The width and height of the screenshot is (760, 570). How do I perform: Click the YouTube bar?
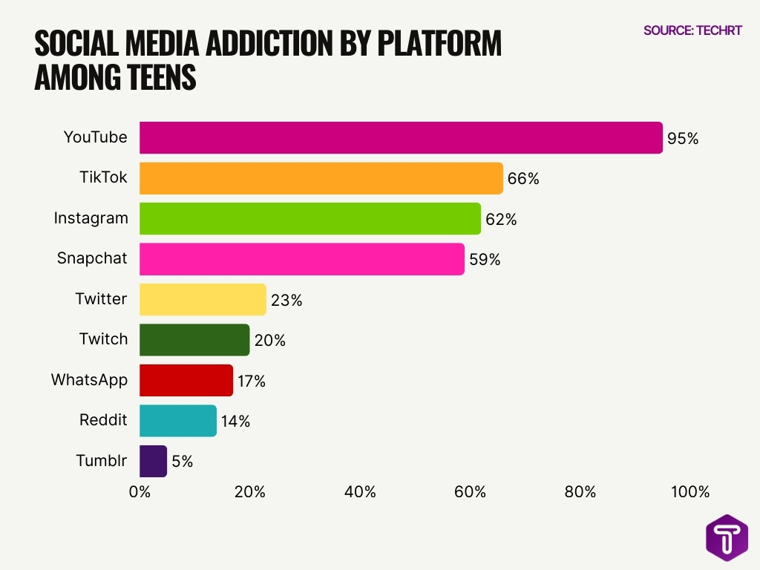tap(401, 138)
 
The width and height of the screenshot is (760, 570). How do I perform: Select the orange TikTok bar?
tap(321, 178)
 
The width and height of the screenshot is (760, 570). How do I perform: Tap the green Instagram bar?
tap(309, 219)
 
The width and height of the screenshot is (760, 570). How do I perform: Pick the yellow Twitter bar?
tap(203, 300)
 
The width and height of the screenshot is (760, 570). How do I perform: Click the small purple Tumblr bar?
tap(153, 461)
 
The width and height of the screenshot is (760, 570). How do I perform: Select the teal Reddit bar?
tap(178, 421)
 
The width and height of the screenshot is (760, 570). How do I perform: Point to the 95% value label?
tap(683, 138)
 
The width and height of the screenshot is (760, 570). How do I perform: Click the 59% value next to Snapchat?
tap(485, 260)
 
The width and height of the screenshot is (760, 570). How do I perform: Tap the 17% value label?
tap(252, 381)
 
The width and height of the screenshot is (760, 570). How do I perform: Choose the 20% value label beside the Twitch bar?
tap(269, 341)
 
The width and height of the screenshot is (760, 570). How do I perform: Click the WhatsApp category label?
tap(89, 380)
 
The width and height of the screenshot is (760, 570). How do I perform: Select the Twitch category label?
tap(103, 339)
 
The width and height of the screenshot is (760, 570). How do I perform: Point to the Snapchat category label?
tap(92, 258)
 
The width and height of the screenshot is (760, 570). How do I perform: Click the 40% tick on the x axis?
tap(360, 492)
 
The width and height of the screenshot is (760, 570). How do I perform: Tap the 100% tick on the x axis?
tap(689, 492)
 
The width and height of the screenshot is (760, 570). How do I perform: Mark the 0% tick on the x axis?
tap(140, 492)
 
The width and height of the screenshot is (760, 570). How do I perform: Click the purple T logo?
tap(727, 537)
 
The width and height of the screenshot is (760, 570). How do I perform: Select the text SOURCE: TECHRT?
tap(692, 31)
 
